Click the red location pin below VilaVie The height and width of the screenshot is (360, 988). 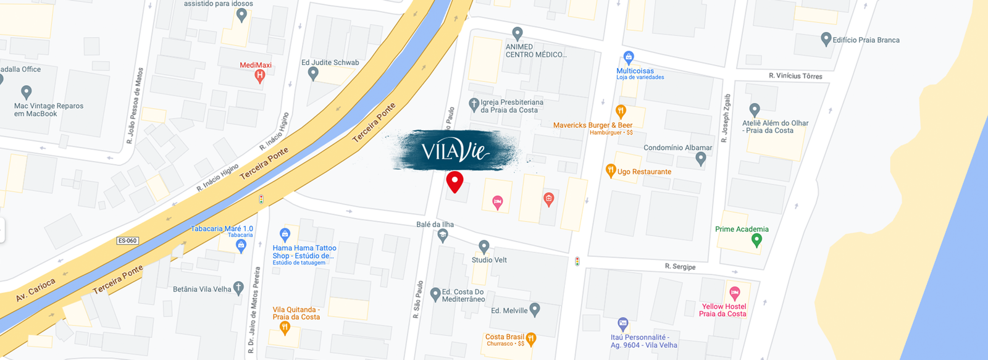454,182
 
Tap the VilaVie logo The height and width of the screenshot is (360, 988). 455,150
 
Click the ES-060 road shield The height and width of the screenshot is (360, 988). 127,241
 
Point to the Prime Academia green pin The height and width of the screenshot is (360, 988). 756,240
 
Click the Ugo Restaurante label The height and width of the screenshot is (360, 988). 644,172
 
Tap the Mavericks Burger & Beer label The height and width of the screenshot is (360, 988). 592,125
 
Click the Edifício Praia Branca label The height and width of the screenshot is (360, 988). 866,40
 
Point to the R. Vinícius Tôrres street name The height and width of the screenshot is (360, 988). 795,76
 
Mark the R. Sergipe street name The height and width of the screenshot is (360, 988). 680,267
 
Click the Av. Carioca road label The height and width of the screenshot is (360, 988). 36,290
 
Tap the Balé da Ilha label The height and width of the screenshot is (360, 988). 435,224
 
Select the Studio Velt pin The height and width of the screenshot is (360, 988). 484,247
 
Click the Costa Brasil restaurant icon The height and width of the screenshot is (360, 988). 530,338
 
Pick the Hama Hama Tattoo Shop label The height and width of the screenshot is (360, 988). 304,252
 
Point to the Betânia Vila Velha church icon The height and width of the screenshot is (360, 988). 238,288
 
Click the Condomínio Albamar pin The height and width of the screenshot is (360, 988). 700,159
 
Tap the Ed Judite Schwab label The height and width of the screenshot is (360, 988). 330,62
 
